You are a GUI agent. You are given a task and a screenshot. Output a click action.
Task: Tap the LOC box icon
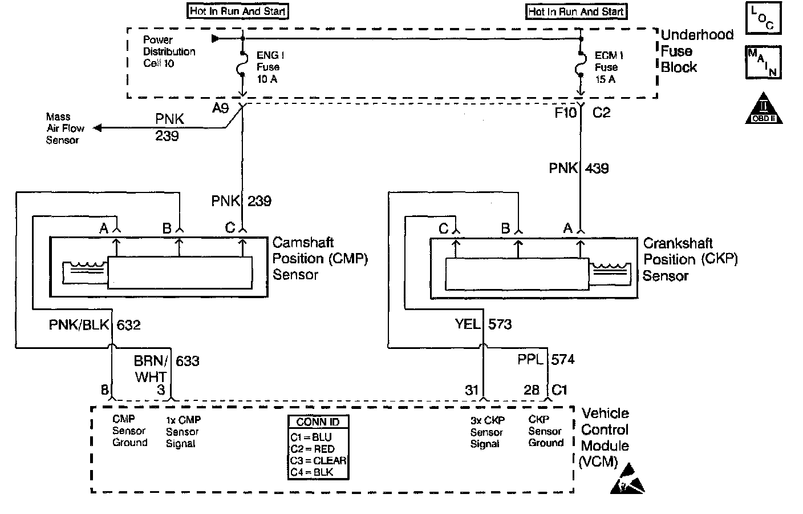click(x=763, y=18)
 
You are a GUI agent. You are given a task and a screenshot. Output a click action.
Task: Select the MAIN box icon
click(x=763, y=62)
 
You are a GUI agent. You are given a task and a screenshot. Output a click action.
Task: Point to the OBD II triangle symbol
click(x=764, y=109)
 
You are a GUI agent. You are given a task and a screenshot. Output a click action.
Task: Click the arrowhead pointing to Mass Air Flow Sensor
click(x=98, y=128)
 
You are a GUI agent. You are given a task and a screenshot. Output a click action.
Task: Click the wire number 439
click(x=597, y=168)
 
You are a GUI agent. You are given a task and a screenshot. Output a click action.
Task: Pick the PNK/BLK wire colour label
click(x=79, y=325)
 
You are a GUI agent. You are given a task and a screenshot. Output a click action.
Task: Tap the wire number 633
click(x=188, y=361)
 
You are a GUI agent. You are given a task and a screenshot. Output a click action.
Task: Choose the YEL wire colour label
click(x=468, y=324)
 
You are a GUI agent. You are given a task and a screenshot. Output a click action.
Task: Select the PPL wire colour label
click(x=530, y=359)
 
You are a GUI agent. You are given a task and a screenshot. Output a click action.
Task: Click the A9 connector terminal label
click(x=221, y=108)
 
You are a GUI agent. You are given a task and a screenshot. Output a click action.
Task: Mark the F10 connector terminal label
click(x=565, y=113)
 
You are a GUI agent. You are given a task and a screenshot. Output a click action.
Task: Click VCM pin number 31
click(x=472, y=390)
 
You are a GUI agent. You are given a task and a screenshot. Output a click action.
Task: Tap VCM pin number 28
click(x=532, y=390)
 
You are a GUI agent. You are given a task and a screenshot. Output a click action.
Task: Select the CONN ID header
click(x=318, y=422)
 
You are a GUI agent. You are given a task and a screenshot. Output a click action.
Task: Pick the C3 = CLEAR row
click(x=318, y=460)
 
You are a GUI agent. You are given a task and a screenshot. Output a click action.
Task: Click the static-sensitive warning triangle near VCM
click(x=627, y=479)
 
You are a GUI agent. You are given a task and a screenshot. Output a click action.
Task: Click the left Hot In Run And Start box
click(x=238, y=11)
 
